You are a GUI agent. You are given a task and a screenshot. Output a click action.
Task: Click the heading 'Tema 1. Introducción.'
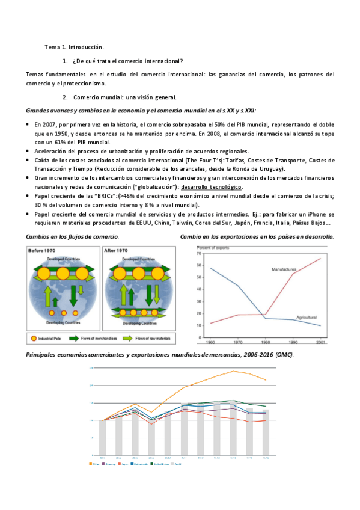(x=75, y=46)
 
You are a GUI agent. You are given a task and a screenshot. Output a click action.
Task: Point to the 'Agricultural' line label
(x=306, y=317)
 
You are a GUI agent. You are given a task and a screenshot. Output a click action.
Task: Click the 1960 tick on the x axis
(x=211, y=342)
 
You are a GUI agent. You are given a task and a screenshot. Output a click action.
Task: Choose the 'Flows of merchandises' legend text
(x=97, y=339)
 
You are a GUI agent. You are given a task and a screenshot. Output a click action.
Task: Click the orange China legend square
(x=90, y=464)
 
